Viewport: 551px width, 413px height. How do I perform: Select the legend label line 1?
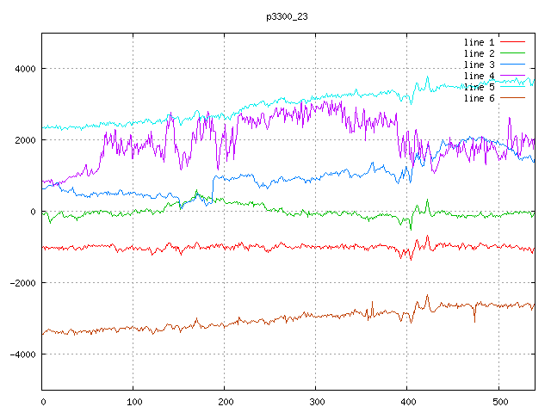click(x=480, y=42)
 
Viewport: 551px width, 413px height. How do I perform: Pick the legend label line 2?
click(x=480, y=53)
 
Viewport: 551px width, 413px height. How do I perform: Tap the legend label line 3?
click(x=480, y=65)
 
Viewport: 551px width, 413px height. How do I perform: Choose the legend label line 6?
click(x=480, y=98)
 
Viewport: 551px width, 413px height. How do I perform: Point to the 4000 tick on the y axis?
click(x=24, y=69)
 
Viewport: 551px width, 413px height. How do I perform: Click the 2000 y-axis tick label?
click(x=24, y=140)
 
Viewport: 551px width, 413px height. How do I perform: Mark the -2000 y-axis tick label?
click(x=22, y=283)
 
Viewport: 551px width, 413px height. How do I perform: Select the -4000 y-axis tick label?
click(x=22, y=354)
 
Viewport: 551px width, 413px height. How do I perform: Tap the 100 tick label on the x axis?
click(x=133, y=401)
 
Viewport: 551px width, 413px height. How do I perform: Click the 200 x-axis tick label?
click(x=225, y=401)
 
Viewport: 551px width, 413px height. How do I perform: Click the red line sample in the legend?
click(x=513, y=42)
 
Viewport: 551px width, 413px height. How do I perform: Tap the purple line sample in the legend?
click(x=513, y=98)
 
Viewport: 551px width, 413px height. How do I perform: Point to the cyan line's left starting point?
click(x=44, y=128)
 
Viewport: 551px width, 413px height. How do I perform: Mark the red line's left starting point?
click(x=44, y=247)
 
